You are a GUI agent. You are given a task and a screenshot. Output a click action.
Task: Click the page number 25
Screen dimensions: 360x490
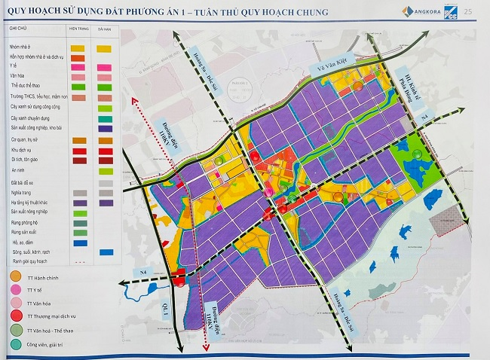pyautogui.click(x=468, y=11)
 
